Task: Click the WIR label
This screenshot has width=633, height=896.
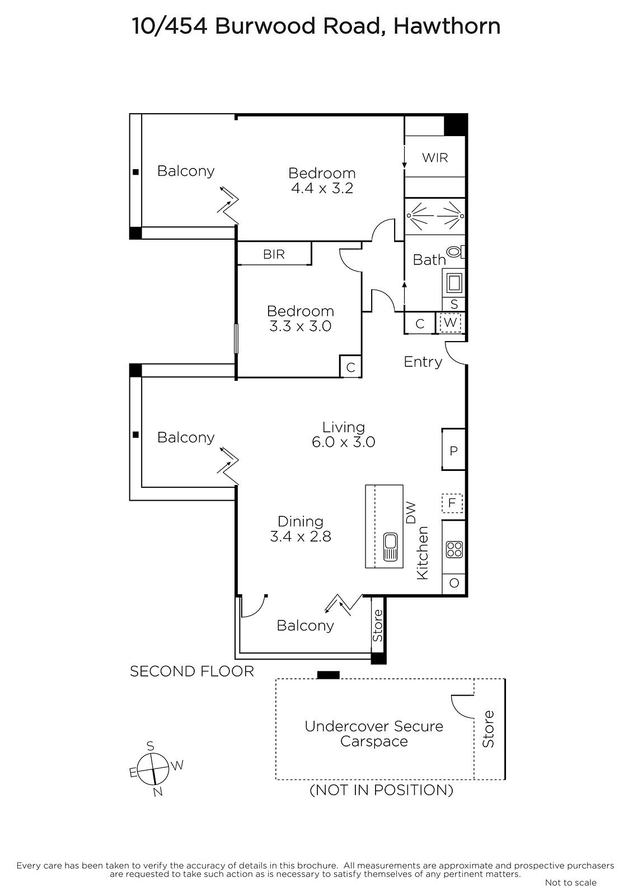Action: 435,157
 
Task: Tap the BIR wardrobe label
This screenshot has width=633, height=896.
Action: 274,254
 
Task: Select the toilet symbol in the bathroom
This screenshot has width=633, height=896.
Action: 454,252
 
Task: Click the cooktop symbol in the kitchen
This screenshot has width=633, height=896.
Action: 454,549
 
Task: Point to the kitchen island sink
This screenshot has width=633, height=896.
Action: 390,547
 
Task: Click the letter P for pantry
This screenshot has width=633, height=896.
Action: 454,451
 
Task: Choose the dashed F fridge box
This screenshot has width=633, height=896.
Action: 452,502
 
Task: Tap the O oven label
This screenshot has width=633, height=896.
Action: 454,583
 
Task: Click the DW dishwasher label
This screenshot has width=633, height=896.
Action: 411,512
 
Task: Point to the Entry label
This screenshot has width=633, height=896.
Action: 423,362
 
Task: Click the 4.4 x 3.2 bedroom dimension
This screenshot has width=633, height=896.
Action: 322,188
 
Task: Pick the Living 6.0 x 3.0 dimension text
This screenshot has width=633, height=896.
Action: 343,442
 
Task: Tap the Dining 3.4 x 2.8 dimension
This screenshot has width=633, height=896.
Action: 301,536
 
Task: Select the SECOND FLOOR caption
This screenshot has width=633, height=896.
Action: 192,671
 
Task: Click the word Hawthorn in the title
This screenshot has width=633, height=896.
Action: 447,26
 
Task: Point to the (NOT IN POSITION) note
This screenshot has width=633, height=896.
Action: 381,790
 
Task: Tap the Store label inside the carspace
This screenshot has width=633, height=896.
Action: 489,729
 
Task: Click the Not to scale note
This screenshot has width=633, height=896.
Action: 570,883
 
